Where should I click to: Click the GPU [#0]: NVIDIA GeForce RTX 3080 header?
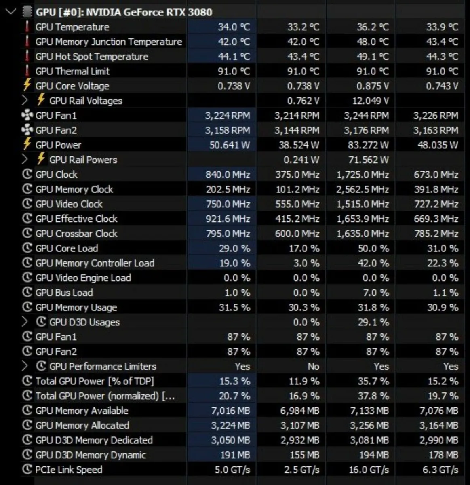coord(123,12)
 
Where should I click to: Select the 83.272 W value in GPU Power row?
coord(368,145)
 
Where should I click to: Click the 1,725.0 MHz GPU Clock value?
coord(363,175)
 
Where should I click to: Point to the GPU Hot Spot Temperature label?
coord(92,57)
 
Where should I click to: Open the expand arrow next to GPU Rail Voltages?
coord(25,100)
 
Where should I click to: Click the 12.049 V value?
coord(370,101)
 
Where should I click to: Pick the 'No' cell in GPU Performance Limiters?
coord(313,367)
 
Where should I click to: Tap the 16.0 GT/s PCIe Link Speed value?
coord(369,470)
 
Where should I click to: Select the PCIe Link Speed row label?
coord(69,470)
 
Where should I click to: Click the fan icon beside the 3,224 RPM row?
coord(27,116)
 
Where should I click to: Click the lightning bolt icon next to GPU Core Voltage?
coord(27,86)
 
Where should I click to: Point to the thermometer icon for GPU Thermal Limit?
coord(27,71)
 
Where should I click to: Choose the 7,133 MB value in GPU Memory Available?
coord(369,411)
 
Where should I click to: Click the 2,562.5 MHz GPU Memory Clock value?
coord(363,189)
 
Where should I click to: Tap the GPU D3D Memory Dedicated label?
coord(94,440)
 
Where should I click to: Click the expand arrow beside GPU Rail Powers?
coord(25,159)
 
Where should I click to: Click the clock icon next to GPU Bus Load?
coord(27,292)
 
